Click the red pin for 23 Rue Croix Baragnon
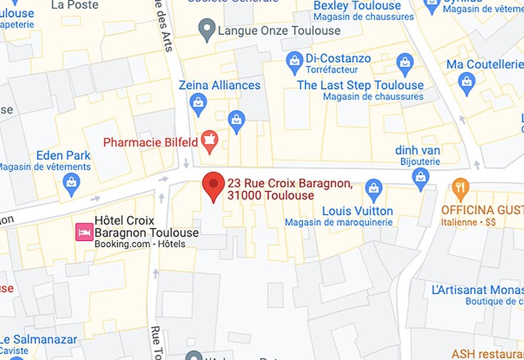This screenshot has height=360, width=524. tap(213, 185)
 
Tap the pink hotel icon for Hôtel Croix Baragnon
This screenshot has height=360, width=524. tap(84, 232)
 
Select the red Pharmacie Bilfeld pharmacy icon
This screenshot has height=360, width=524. tap(210, 141)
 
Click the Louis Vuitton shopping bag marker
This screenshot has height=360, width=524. tap(373, 189)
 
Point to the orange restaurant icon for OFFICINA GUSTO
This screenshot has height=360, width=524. tap(461, 189)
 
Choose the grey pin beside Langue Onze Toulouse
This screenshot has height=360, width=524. tap(207, 29)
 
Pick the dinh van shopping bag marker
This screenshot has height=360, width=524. tap(420, 178)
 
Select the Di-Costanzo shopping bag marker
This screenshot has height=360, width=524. tap(294, 62)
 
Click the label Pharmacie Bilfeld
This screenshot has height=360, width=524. tap(150, 142)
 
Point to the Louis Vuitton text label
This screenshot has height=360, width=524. tap(357, 211)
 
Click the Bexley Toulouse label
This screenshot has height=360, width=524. tap(357, 6)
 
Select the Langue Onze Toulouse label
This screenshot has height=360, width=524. tap(279, 31)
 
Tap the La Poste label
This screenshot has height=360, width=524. tap(75, 5)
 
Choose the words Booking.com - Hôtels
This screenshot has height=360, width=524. tap(140, 244)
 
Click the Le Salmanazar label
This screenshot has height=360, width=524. tap(39, 340)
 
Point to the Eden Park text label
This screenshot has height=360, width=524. tap(63, 155)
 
